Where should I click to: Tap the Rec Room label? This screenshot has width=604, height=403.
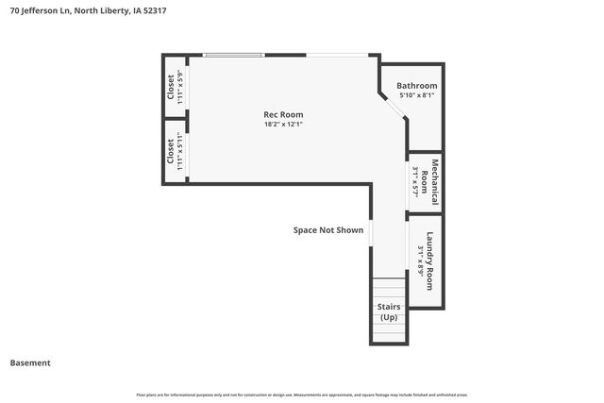tap(283, 114)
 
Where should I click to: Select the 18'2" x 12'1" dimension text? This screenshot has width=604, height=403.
tap(283, 124)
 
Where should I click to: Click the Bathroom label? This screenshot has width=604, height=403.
tap(415, 85)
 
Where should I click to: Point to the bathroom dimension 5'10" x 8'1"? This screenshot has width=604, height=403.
tap(415, 94)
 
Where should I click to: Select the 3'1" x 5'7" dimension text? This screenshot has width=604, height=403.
tap(415, 180)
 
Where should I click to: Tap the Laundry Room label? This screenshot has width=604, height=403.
tap(430, 260)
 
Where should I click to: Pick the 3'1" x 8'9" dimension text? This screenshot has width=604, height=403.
tap(419, 260)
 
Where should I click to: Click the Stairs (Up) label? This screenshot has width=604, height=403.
tap(389, 311)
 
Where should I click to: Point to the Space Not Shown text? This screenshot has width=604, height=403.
tap(327, 229)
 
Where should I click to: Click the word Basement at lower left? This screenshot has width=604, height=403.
tap(30, 362)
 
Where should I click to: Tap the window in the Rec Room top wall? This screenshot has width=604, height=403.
tap(235, 55)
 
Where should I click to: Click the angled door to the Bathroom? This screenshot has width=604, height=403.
tap(394, 106)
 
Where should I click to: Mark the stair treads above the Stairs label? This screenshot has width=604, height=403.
tap(388, 288)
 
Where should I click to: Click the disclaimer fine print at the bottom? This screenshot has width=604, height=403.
tap(302, 395)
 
